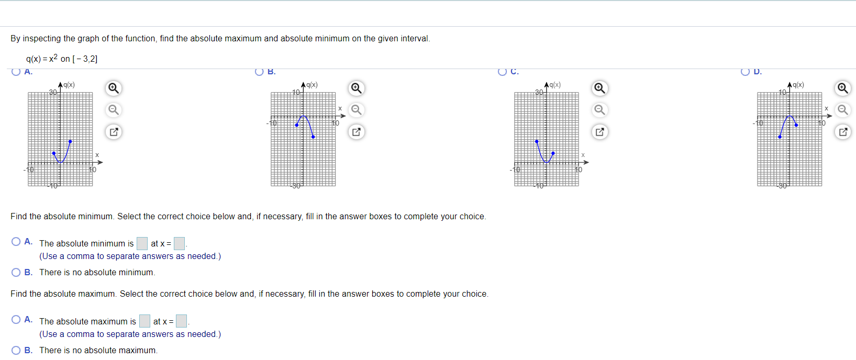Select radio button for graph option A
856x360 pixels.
16,72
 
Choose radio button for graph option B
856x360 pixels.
259,72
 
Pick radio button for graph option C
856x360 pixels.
503,72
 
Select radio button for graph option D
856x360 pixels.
746,72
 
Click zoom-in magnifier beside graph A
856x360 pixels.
113,88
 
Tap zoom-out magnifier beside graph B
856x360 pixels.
357,110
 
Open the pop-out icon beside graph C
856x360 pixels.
599,132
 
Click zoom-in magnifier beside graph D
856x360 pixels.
842,88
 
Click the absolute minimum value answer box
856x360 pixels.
142,243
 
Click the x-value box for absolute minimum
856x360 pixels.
179,243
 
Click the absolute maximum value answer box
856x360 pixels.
144,321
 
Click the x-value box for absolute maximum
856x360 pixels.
181,321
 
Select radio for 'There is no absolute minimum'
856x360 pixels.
16,272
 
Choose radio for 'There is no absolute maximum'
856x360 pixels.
16,350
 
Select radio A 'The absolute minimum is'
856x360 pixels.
16,242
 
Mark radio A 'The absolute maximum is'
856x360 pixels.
16,320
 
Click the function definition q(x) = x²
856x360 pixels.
62,59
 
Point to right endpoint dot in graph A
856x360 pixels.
70,141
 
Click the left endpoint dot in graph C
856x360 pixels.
537,141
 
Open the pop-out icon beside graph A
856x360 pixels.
113,132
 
